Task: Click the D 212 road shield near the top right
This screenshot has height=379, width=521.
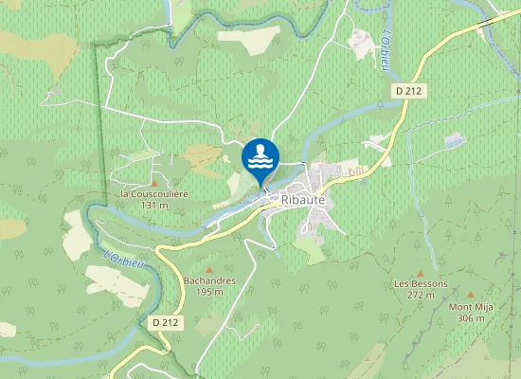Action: [407, 89]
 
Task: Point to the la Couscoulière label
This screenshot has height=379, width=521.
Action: [154, 194]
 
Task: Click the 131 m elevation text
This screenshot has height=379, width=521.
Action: [154, 205]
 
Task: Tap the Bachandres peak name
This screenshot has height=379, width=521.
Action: [208, 281]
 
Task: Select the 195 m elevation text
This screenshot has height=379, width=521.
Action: [208, 292]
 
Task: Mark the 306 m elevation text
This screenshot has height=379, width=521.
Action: [471, 317]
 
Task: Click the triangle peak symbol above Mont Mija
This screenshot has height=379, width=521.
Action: [471, 295]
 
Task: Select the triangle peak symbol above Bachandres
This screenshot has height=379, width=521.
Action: [208, 270]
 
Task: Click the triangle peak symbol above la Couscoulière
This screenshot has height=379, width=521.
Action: [154, 183]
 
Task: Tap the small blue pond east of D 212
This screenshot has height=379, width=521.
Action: [456, 141]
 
